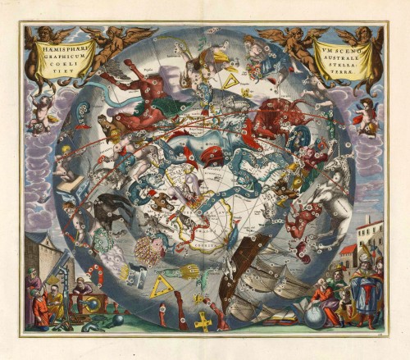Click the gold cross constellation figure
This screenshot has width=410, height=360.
[203, 319]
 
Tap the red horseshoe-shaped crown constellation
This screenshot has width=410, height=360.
[99, 275]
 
